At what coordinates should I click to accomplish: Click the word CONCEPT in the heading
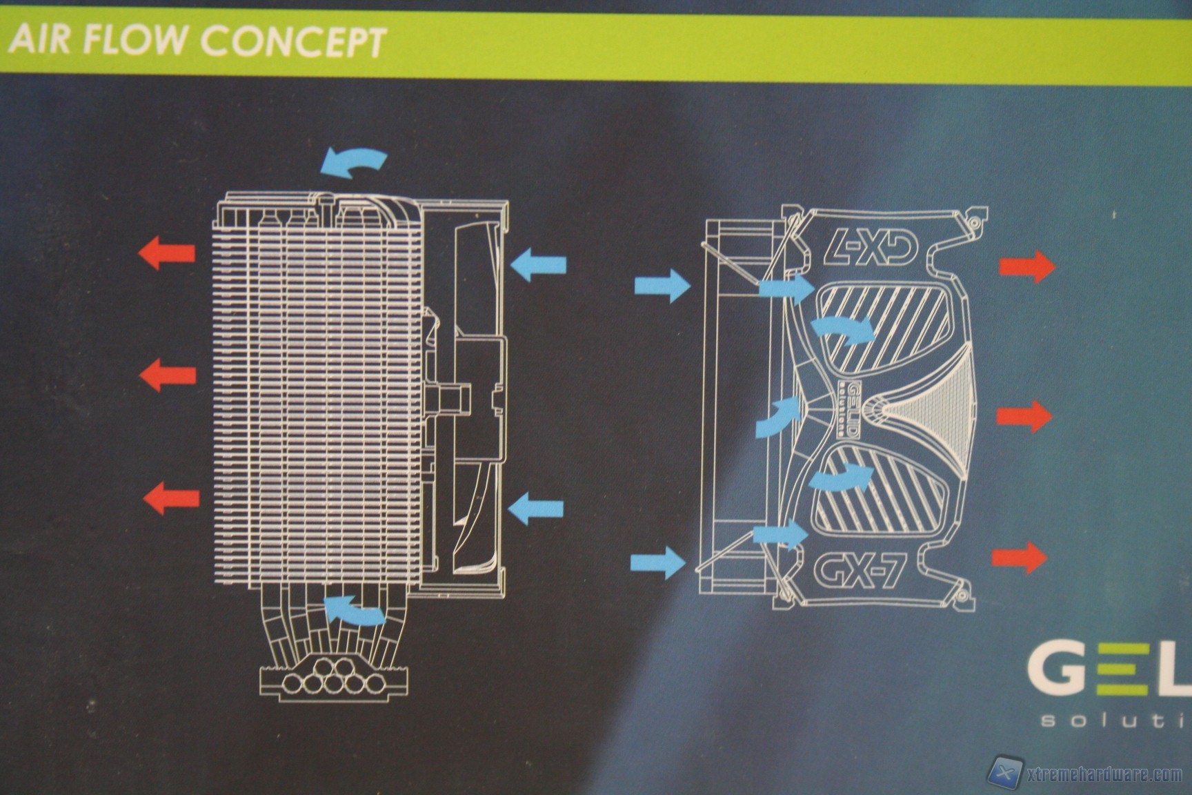click(292, 41)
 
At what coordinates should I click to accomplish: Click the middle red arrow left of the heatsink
click(168, 375)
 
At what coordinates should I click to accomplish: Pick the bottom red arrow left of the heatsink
click(171, 498)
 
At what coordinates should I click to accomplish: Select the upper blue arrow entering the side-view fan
click(539, 265)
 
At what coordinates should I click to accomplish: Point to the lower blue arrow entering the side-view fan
click(536, 509)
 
